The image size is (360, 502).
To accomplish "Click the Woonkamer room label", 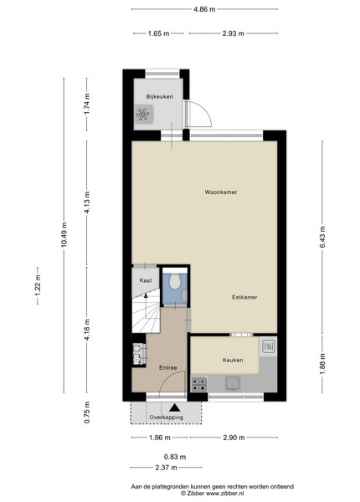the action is click(221, 192).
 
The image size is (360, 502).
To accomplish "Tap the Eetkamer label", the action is click(244, 297).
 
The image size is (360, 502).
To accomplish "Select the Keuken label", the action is click(233, 360).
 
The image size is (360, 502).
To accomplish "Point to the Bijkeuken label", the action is click(160, 96).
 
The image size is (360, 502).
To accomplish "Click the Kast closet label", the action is click(146, 280).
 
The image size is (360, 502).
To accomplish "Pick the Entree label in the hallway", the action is click(167, 368).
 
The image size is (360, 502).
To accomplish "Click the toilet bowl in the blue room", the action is click(174, 281).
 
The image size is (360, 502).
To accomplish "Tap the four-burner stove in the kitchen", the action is click(199, 384).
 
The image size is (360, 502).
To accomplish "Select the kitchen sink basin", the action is click(234, 383).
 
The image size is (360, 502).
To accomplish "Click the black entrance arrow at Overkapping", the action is click(174, 407).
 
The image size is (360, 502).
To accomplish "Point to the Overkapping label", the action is click(167, 417).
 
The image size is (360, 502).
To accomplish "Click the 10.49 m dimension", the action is click(64, 234).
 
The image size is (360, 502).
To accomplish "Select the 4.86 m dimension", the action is click(204, 9).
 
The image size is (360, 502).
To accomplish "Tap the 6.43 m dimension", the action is click(322, 237).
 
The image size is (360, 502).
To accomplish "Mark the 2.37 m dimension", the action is click(166, 468).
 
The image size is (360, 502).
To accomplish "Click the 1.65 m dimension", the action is click(158, 33).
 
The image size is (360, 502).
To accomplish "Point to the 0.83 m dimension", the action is click(175, 457).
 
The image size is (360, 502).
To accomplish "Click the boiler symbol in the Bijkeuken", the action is click(143, 114).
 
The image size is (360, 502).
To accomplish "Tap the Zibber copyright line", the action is click(213, 494).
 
